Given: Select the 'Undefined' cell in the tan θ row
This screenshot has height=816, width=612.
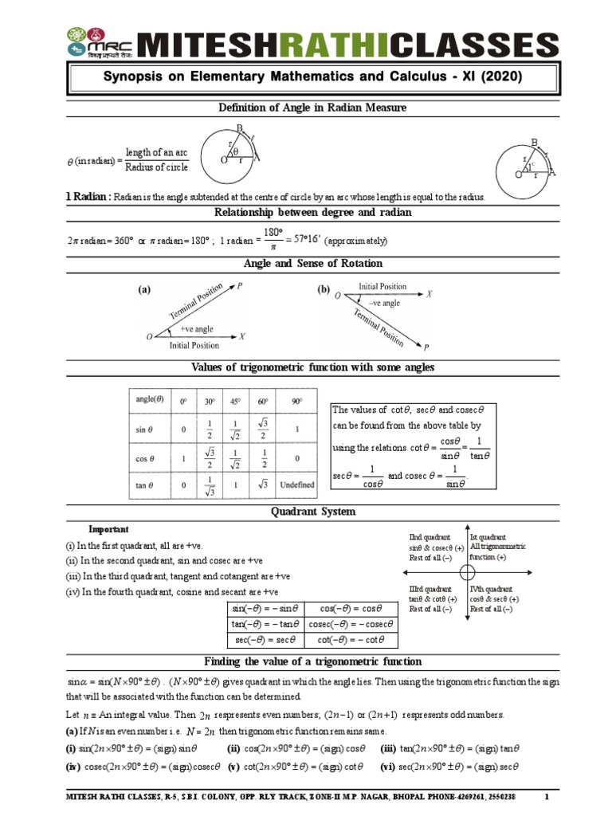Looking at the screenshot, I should coord(297,484).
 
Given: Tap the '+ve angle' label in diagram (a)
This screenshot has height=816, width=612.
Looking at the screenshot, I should coord(197,328).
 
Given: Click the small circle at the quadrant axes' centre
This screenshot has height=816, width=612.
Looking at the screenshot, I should coord(468,573).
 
